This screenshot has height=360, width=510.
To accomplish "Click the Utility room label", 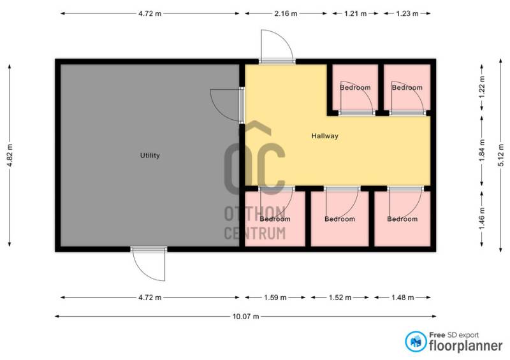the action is coord(150,155).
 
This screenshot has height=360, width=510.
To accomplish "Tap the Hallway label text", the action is coord(325,136).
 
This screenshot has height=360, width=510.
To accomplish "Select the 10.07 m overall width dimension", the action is coord(246,316).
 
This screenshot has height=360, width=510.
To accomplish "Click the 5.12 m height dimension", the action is coord(501,155).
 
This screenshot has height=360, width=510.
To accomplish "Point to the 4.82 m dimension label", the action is coord(10,155).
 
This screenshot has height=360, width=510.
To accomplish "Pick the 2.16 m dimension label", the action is coord(286,13).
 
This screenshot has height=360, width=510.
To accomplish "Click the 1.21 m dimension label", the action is coord(356,13).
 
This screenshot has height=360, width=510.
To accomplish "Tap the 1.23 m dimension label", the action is coord(407,13).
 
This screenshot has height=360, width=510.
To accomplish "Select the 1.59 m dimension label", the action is coord(275,298).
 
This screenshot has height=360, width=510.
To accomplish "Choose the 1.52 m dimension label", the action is coord(340,298).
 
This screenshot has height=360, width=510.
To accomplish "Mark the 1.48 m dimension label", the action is coord(403,298).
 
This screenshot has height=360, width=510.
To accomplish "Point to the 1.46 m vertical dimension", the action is coord(482,219).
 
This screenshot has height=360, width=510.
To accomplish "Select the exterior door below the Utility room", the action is coord(149,264).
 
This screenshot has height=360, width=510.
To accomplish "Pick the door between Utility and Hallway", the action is coord(226,104).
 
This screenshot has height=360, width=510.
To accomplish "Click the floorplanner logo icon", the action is coord(416,342).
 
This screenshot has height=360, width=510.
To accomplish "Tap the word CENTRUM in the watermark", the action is coord(255,233).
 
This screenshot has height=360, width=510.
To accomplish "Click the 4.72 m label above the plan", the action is coord(150,13).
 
